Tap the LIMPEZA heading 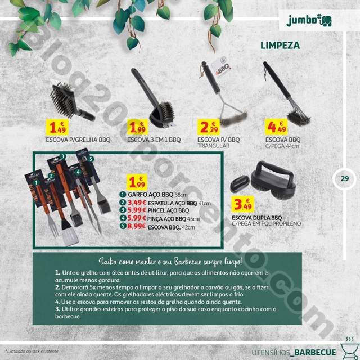point(280,44)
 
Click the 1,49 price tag point(58,129)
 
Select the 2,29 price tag point(210,128)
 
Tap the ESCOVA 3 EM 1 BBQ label point(154,139)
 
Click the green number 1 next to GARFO point(122,195)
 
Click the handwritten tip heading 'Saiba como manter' point(170,262)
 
